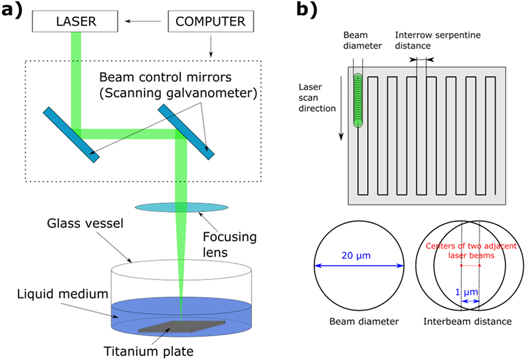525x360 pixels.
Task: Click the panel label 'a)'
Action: pos(17,15)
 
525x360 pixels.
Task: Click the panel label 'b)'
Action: pos(317,13)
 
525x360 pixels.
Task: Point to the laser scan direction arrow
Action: pos(339,120)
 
